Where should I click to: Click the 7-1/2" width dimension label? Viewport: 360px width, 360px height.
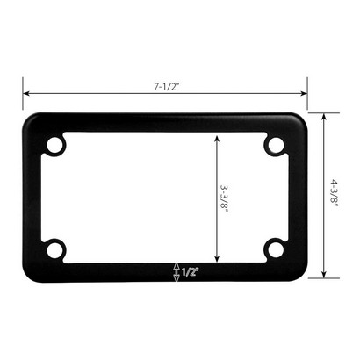[x=166, y=87]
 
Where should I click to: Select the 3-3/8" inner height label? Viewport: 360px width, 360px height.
[x=224, y=199]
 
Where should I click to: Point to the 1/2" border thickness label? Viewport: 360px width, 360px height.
[x=191, y=272]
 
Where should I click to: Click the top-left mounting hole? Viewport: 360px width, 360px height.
[x=55, y=145]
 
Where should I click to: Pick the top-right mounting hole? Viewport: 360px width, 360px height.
[x=276, y=145]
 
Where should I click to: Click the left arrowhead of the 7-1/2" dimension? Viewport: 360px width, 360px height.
[x=26, y=94]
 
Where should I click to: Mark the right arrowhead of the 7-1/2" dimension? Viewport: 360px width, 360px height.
[x=304, y=94]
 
